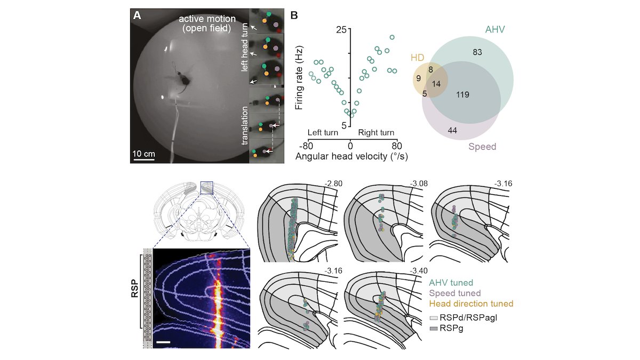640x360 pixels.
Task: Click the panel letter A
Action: [x=138, y=15]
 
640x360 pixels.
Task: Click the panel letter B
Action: [x=294, y=15]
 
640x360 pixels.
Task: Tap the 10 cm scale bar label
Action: [x=143, y=154]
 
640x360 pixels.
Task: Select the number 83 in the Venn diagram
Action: [x=477, y=52]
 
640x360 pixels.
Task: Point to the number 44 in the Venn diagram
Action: [x=453, y=131]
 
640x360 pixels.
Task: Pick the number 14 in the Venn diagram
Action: [x=437, y=84]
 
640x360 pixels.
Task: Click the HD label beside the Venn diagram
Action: [x=417, y=57]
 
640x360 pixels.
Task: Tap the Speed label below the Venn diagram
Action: [x=482, y=147]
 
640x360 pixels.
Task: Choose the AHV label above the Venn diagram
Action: [x=495, y=30]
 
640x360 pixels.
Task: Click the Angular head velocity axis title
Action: [x=350, y=156]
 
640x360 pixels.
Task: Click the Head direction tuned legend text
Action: [x=471, y=303]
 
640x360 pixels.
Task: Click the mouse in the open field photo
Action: [x=184, y=81]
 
